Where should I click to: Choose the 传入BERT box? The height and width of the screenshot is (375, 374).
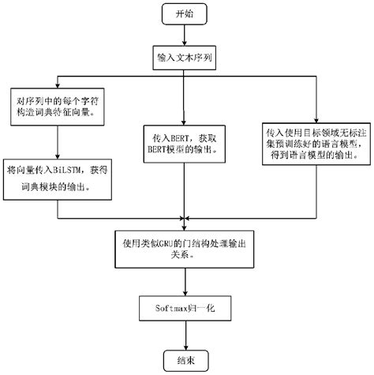click(184, 142)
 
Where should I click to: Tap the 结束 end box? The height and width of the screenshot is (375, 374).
click(183, 358)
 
